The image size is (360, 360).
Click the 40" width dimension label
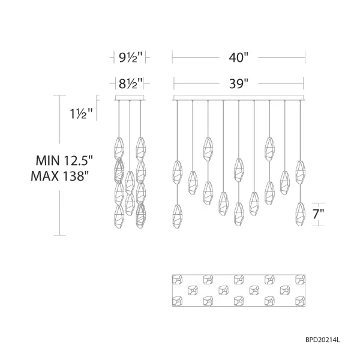coord(238,58)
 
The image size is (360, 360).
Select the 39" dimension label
coord(238,84)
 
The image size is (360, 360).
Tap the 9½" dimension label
coord(130,58)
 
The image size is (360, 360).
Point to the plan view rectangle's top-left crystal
coord(178,279)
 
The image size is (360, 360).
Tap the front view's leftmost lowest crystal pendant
coord(178,216)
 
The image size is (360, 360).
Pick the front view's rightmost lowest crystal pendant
coord(300,214)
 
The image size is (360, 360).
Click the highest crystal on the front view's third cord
coord(208,149)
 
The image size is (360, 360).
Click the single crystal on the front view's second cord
coord(193,182)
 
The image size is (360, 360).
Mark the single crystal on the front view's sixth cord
coord(254,203)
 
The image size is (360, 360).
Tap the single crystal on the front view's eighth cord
coord(285,182)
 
